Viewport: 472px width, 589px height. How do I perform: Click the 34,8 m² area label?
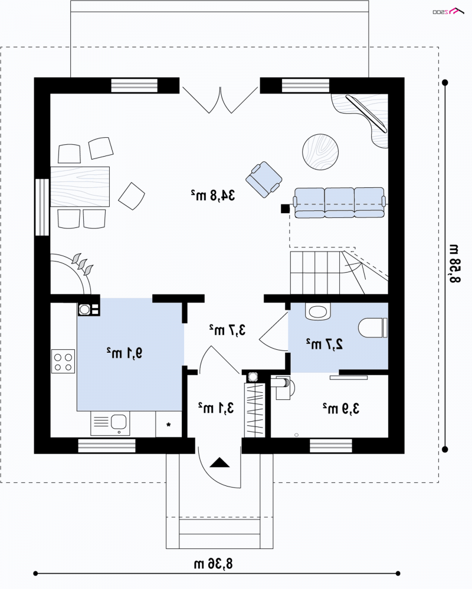tap(212, 195)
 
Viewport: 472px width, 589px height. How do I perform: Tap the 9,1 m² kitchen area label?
tap(124, 353)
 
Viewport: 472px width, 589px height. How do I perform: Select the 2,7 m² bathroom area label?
tap(324, 344)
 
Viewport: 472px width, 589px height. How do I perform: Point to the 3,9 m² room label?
tap(341, 408)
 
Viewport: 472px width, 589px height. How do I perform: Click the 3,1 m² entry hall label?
tap(216, 408)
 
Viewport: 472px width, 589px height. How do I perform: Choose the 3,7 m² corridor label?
tap(227, 329)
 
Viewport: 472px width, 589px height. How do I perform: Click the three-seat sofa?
tap(340, 203)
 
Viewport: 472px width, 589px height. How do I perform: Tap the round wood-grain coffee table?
tap(320, 152)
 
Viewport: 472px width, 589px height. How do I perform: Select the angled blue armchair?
tap(264, 180)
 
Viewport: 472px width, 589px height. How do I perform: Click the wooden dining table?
tap(80, 187)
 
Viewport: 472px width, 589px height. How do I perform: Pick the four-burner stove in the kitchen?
tap(63, 362)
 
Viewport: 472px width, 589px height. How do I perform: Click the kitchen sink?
tap(110, 423)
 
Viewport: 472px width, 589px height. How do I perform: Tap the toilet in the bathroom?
tap(373, 327)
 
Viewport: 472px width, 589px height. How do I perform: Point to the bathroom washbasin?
tap(318, 312)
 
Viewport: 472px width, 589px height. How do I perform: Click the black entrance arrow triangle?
tap(219, 462)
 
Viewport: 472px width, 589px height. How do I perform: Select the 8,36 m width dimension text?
tap(214, 564)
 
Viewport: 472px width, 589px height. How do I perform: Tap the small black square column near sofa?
tap(286, 209)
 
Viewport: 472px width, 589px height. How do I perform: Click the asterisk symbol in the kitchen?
tap(169, 425)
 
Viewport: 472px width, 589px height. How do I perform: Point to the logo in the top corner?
tap(448, 11)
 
